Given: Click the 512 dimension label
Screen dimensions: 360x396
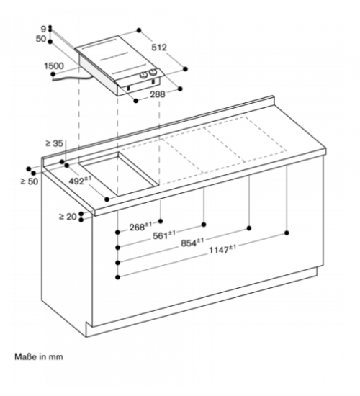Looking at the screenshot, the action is click(x=159, y=48).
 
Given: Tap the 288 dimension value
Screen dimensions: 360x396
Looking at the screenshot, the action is click(x=158, y=94).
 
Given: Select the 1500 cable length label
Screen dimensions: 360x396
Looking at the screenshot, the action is click(x=54, y=66).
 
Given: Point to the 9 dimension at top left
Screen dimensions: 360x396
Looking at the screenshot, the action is click(x=44, y=29).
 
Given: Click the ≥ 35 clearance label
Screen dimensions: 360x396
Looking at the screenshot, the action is click(x=54, y=143).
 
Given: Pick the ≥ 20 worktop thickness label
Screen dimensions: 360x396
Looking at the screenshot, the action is click(x=68, y=217).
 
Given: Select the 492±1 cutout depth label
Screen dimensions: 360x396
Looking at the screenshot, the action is click(x=80, y=180).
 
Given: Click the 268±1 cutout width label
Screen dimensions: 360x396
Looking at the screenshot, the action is click(x=140, y=227).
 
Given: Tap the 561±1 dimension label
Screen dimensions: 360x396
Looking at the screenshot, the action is click(x=164, y=235).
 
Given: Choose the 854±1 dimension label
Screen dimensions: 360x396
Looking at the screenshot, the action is click(x=192, y=243).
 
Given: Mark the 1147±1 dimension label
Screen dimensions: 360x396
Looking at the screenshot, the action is click(x=222, y=250).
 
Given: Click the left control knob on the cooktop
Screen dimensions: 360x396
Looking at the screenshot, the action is click(x=144, y=74).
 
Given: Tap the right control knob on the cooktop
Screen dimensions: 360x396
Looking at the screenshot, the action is click(x=153, y=73).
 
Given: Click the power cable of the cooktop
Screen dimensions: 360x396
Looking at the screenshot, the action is click(x=72, y=78).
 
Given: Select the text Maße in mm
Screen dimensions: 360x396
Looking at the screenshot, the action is click(x=39, y=357).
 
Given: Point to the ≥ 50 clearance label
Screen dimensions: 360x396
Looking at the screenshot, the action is click(x=30, y=181).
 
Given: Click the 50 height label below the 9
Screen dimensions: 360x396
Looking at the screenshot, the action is click(x=41, y=39).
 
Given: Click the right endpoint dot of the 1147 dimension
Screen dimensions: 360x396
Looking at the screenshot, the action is click(x=287, y=233).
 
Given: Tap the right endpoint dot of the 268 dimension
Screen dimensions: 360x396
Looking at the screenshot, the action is click(x=161, y=221).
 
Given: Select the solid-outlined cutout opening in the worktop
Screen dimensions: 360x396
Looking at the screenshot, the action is click(x=119, y=174).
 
